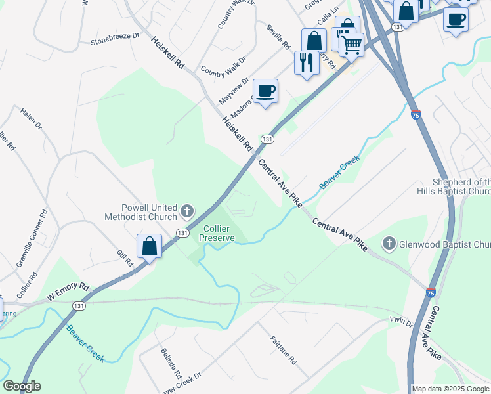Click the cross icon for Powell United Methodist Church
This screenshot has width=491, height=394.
point(187,211)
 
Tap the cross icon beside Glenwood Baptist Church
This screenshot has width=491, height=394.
point(389,244)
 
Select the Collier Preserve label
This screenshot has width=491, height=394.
point(219,233)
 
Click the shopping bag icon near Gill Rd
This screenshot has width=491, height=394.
point(150,246)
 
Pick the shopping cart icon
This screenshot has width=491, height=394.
point(352,45)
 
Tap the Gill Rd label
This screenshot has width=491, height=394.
point(125,257)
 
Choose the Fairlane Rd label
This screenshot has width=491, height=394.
point(284,351)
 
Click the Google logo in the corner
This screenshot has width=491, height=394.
point(22,386)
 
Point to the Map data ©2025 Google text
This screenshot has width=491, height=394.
point(450,389)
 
